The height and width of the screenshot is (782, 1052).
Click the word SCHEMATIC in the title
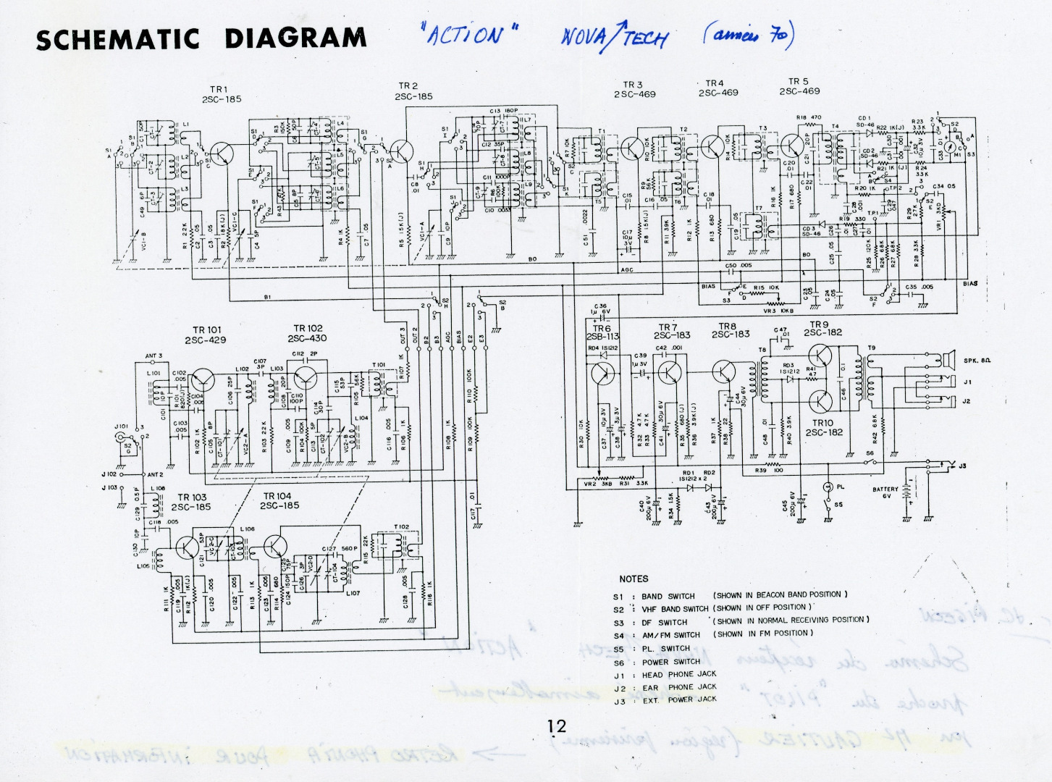coord(117,40)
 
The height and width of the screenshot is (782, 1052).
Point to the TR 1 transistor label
coord(222,94)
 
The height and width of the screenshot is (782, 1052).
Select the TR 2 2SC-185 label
coord(413,91)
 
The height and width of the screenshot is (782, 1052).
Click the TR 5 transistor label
coord(799,86)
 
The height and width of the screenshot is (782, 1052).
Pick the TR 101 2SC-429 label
coord(205,335)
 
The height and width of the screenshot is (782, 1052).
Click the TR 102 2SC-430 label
coord(307,333)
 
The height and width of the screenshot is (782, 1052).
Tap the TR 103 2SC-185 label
coord(191,502)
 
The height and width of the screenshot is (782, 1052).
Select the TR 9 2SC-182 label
coord(822,329)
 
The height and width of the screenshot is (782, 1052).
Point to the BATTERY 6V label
coord(885,492)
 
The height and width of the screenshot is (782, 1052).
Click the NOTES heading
coord(634,579)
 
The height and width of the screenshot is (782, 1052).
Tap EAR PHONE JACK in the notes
coord(678,687)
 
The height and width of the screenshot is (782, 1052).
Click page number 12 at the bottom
coord(557,726)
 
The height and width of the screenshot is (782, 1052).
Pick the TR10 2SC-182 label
coord(823,427)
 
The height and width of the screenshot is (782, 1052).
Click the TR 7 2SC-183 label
coord(672,332)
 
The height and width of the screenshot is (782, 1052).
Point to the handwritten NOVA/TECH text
coord(614,36)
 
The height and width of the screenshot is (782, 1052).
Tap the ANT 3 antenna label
coord(153,356)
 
